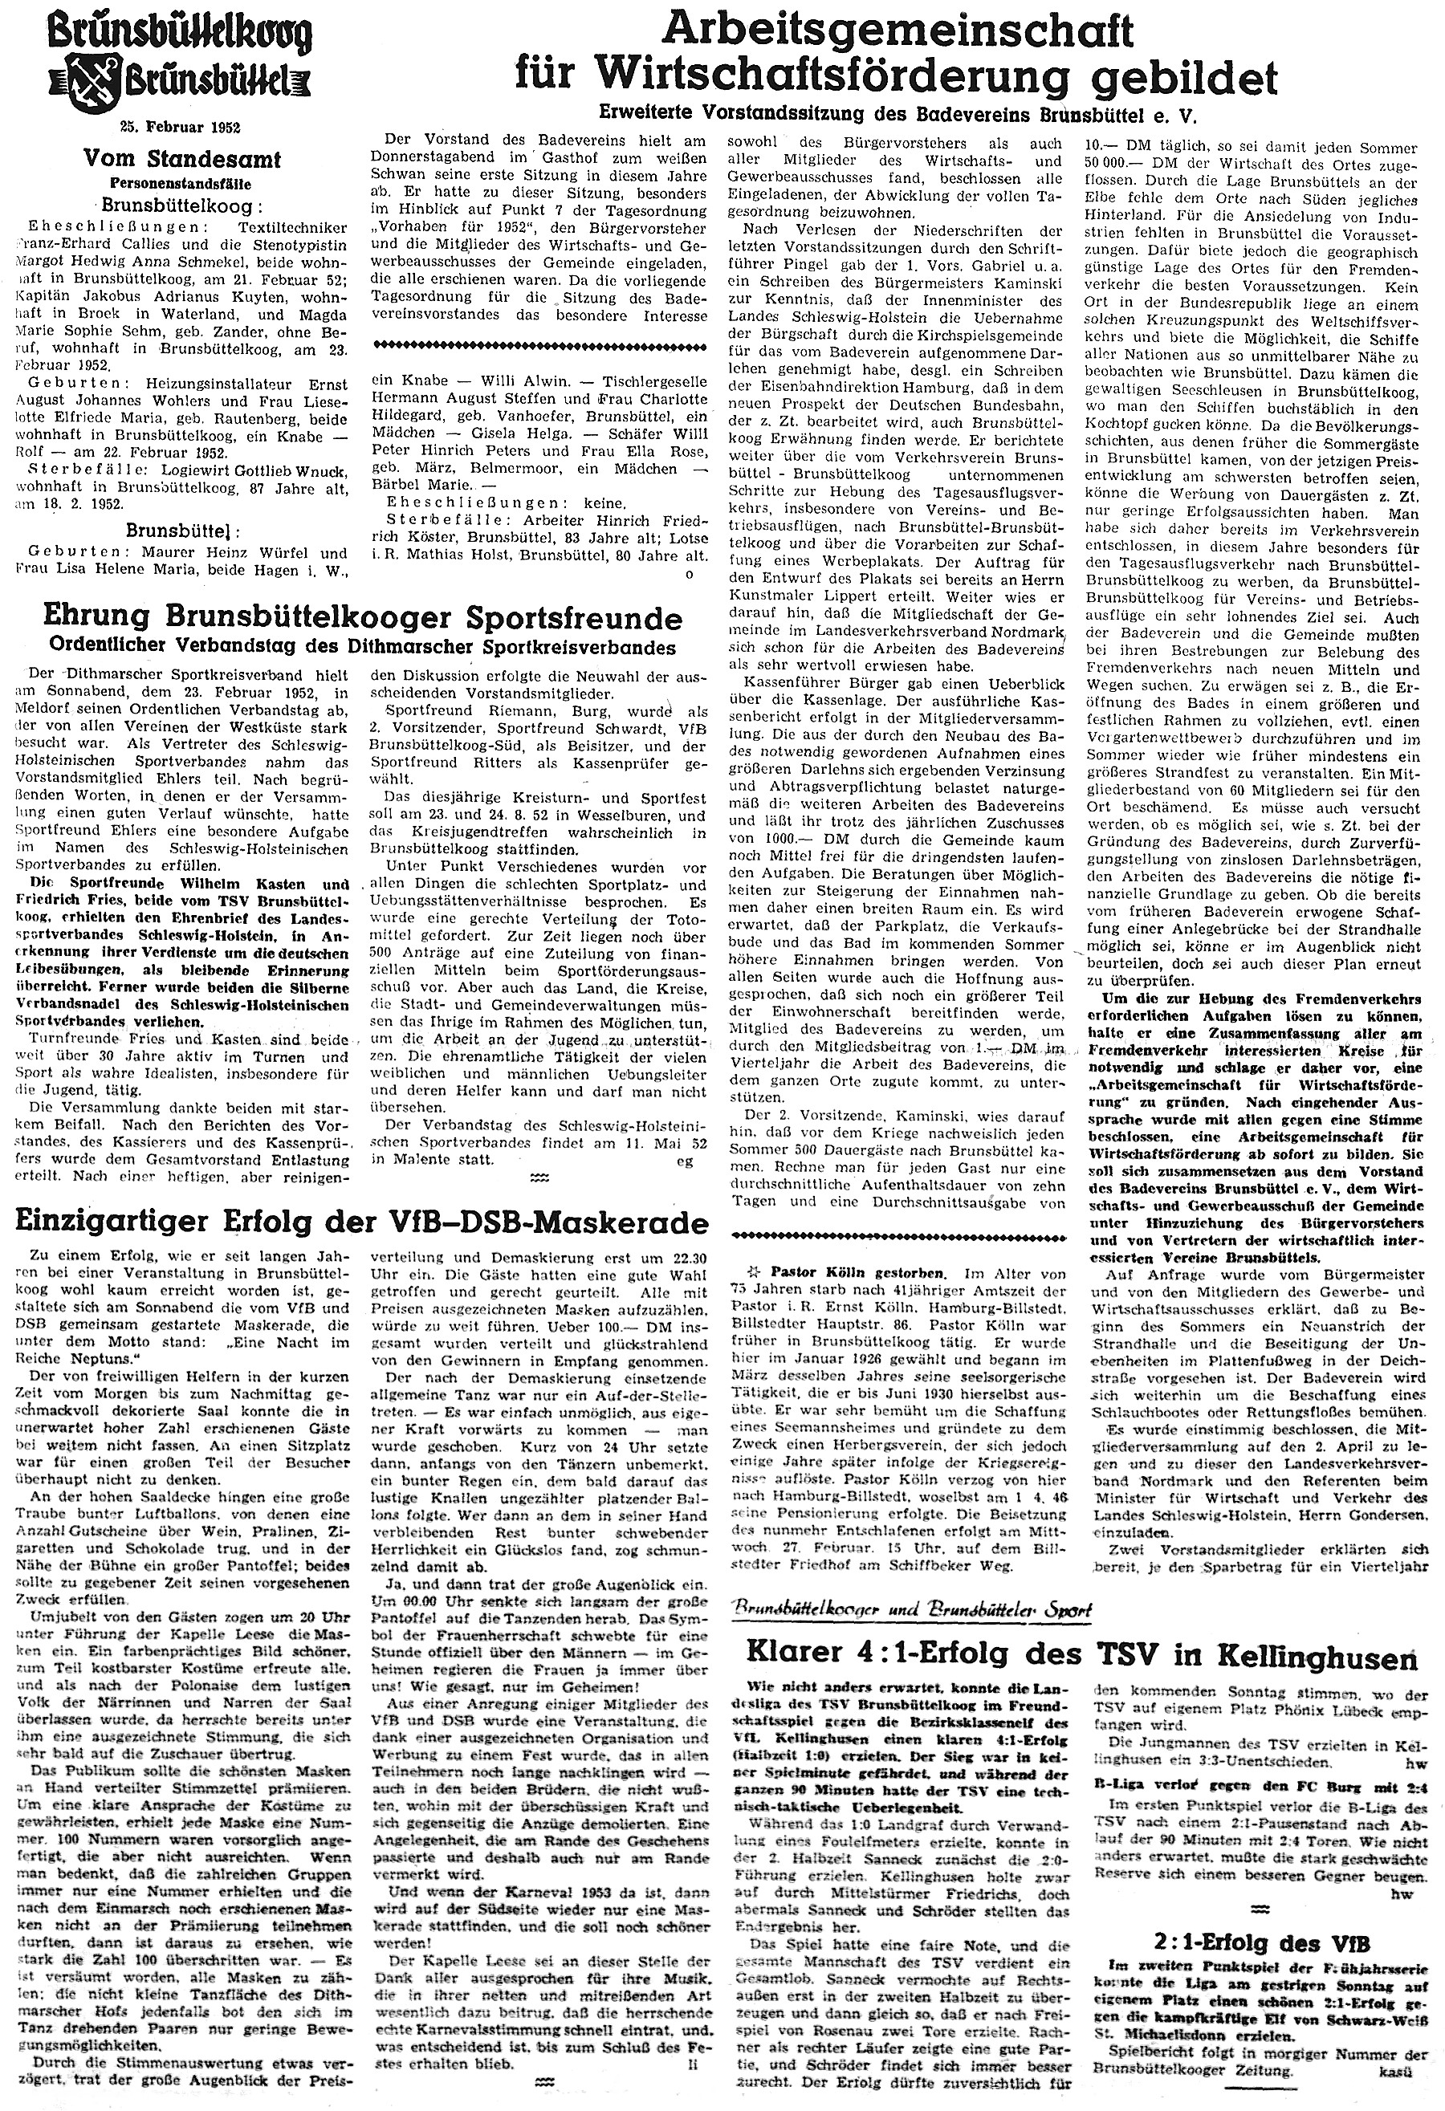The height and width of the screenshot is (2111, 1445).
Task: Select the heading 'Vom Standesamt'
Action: (181, 159)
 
